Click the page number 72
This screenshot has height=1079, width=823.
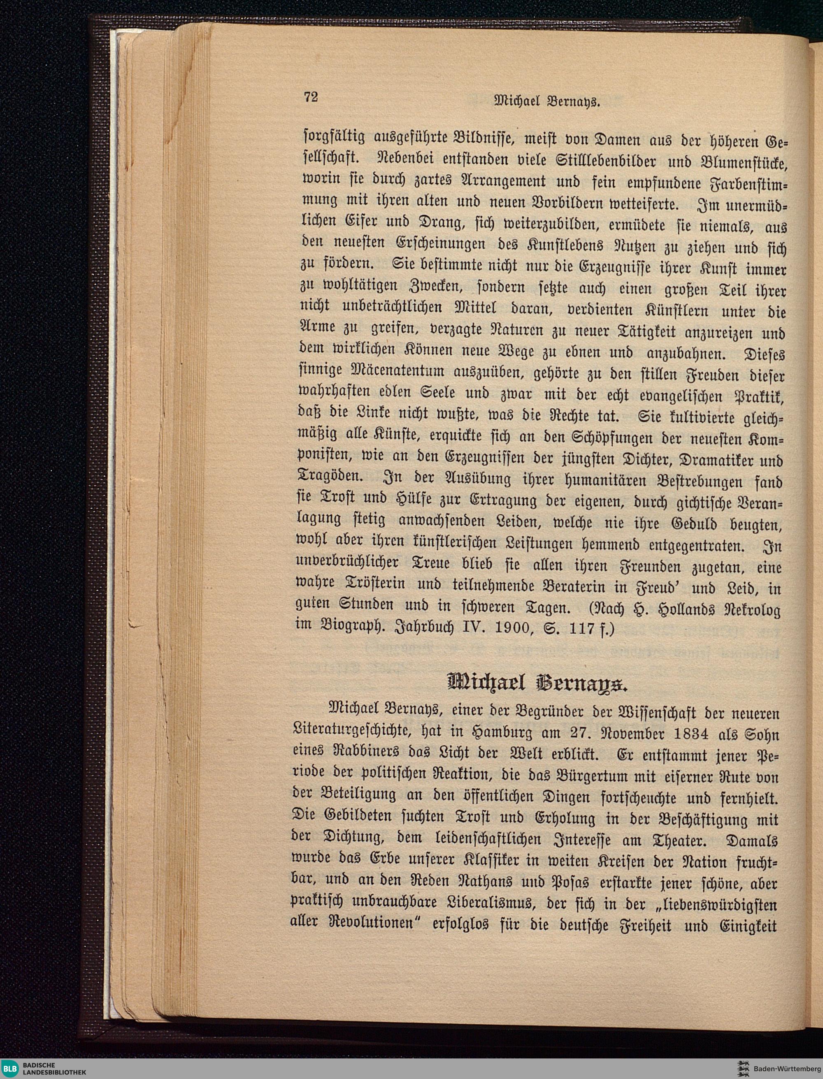[311, 97]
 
